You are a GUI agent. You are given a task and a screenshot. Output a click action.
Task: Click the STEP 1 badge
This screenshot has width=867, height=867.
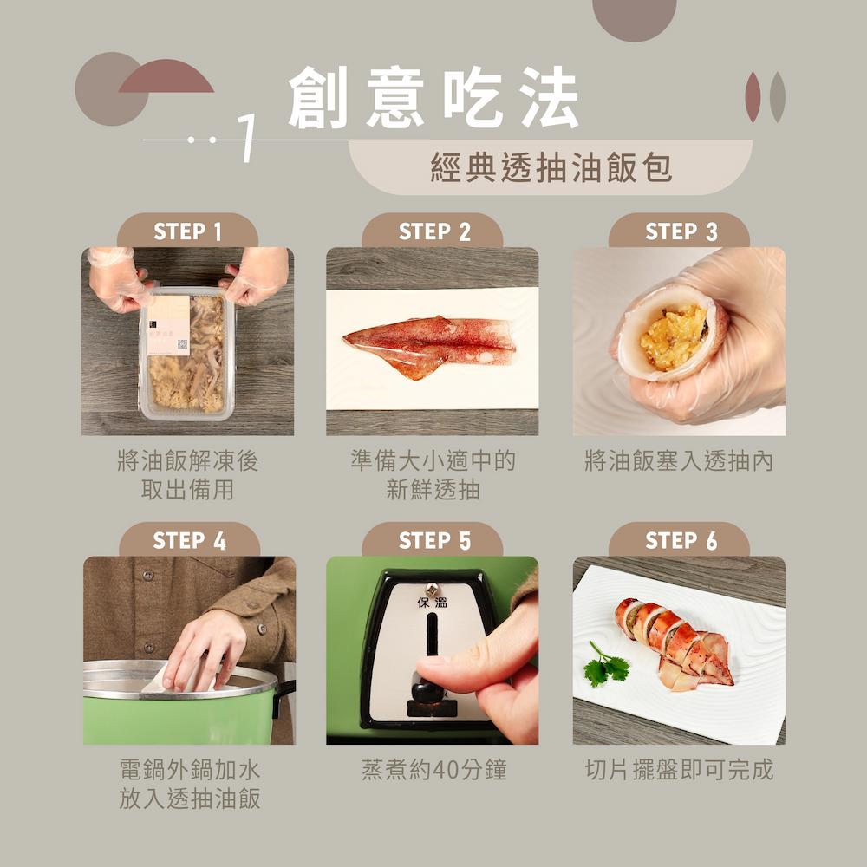click(187, 231)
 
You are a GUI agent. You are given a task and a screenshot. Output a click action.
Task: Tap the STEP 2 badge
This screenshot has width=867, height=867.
click(433, 231)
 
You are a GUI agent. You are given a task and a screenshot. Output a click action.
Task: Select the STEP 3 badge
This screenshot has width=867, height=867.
click(681, 231)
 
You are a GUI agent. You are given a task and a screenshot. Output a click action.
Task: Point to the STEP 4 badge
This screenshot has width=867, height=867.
click(189, 540)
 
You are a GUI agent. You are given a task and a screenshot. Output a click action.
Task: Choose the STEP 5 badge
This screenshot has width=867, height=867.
click(433, 540)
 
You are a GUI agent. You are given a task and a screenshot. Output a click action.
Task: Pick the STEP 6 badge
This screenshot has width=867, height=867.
click(681, 540)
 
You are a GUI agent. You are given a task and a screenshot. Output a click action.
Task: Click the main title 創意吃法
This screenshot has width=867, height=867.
click(433, 101)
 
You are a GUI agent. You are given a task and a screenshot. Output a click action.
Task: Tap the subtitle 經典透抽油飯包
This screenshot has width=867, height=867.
click(551, 168)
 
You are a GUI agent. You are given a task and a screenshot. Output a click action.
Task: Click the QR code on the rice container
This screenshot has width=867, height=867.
click(182, 345)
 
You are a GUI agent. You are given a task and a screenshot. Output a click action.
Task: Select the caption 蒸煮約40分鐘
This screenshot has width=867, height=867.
click(433, 769)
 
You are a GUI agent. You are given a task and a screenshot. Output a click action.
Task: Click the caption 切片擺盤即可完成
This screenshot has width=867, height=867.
click(679, 769)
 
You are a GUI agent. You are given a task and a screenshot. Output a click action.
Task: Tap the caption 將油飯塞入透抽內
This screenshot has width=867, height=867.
click(679, 460)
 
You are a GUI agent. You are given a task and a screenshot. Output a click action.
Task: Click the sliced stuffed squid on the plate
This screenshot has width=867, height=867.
click(676, 642)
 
